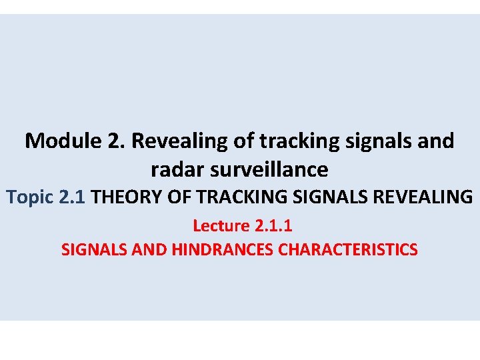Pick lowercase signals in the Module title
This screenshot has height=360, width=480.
377,141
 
